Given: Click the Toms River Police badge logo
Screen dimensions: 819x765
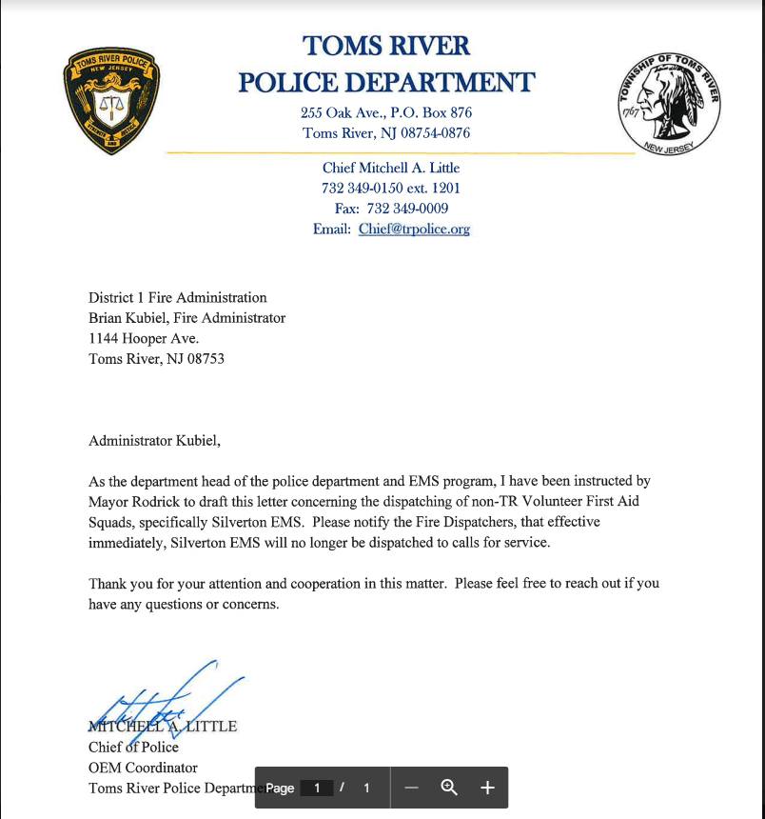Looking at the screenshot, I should (111, 101).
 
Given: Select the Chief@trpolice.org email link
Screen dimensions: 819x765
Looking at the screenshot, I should (414, 229).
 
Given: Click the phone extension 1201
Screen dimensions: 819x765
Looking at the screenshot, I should (445, 188).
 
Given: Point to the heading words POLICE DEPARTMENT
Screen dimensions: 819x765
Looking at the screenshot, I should (386, 83).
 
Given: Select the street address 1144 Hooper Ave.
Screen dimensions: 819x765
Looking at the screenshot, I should (144, 338).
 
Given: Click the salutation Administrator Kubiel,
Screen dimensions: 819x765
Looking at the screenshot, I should (154, 440).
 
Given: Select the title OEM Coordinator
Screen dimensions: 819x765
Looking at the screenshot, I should (143, 768).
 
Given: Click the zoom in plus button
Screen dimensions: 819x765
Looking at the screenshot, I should (487, 788).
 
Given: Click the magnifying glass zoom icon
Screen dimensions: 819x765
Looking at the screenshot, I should (449, 788).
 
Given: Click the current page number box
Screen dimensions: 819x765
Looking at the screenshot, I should (318, 788).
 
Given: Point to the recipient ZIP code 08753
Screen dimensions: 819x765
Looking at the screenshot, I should (206, 359).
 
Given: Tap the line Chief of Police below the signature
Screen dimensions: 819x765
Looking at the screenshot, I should (133, 747).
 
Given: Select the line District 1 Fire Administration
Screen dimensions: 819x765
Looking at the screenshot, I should (178, 297).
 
